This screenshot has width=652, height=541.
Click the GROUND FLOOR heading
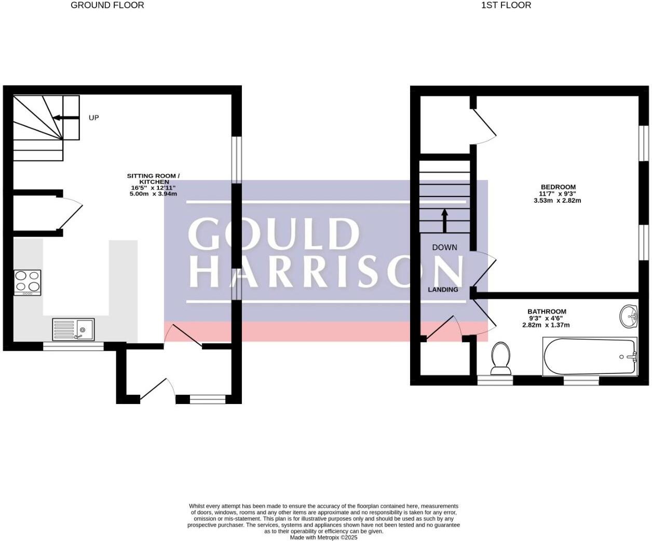(107, 5)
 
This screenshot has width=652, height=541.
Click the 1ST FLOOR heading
(506, 5)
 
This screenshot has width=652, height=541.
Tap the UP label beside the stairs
(93, 118)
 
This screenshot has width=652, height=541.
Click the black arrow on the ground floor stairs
(66, 118)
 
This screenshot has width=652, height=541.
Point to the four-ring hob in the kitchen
(28, 283)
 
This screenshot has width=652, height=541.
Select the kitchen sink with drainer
(73, 329)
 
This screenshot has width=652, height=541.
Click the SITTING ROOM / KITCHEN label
(153, 179)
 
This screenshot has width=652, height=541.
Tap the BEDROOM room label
(559, 187)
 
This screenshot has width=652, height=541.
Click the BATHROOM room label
(547, 311)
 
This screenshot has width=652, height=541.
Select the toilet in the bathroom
(500, 359)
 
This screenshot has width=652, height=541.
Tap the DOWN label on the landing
(445, 247)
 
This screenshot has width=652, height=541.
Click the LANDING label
(443, 289)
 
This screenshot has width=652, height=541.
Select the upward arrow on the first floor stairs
(444, 220)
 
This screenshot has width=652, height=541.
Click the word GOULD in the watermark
(274, 233)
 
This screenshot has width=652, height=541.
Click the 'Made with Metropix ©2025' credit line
(323, 537)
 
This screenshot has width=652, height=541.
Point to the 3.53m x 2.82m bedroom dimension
(558, 201)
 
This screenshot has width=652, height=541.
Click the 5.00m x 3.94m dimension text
(153, 194)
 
